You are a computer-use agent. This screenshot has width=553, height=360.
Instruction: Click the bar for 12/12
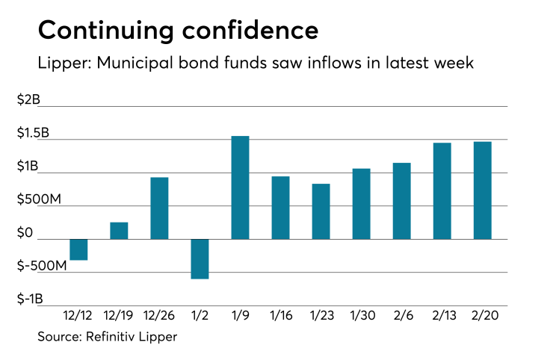[x=78, y=249]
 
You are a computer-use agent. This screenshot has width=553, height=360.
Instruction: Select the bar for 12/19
[x=119, y=231]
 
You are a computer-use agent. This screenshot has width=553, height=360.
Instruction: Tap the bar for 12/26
[x=159, y=208]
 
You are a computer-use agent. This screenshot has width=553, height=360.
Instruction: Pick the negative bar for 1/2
[x=200, y=258]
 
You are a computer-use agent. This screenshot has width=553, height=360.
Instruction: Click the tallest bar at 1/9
[x=240, y=187]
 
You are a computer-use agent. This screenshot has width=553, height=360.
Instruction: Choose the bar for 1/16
[x=280, y=208]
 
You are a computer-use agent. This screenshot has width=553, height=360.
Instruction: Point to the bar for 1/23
[x=321, y=211]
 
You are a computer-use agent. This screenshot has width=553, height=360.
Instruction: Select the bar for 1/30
[x=362, y=204]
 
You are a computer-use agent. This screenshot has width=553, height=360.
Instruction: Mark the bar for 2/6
[x=402, y=201]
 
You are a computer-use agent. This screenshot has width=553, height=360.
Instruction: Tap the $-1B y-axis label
[x=31, y=300]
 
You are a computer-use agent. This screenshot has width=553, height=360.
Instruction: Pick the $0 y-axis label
[x=26, y=234]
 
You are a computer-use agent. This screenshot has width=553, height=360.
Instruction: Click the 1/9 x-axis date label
[x=240, y=317]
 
